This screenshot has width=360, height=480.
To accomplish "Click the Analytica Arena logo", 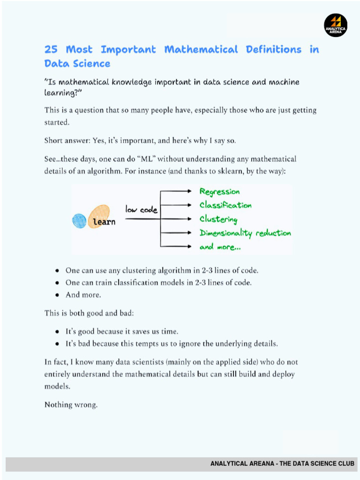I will (x=336, y=25).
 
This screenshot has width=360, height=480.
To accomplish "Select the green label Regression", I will (x=219, y=192).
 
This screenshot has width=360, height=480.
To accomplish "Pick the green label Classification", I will (x=225, y=205).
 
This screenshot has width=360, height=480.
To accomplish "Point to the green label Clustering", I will (x=218, y=219).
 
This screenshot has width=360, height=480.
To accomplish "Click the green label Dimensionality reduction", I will (x=245, y=233).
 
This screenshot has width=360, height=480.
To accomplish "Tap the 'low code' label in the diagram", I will (x=141, y=210).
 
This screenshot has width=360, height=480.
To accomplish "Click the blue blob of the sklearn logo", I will (x=80, y=221).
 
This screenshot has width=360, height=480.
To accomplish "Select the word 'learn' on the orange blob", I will (x=104, y=222).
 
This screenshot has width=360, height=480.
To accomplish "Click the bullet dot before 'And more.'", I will (x=56, y=295).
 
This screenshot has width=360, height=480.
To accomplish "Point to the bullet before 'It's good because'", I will (x=56, y=331).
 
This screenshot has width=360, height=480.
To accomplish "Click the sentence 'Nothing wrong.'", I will (x=71, y=405).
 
